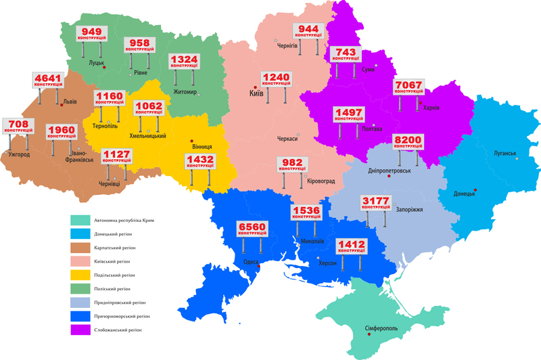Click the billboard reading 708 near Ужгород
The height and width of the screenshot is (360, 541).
tap(18, 126)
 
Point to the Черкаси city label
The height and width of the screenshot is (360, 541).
tap(287, 139)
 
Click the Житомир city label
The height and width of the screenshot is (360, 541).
tap(184, 91)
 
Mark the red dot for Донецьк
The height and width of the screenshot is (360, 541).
tap(475, 190)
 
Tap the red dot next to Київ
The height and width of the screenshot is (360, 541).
tap(256, 87)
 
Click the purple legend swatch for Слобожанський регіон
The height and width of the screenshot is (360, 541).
tap(80, 330)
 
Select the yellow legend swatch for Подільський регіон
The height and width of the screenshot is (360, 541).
tap(80, 275)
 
